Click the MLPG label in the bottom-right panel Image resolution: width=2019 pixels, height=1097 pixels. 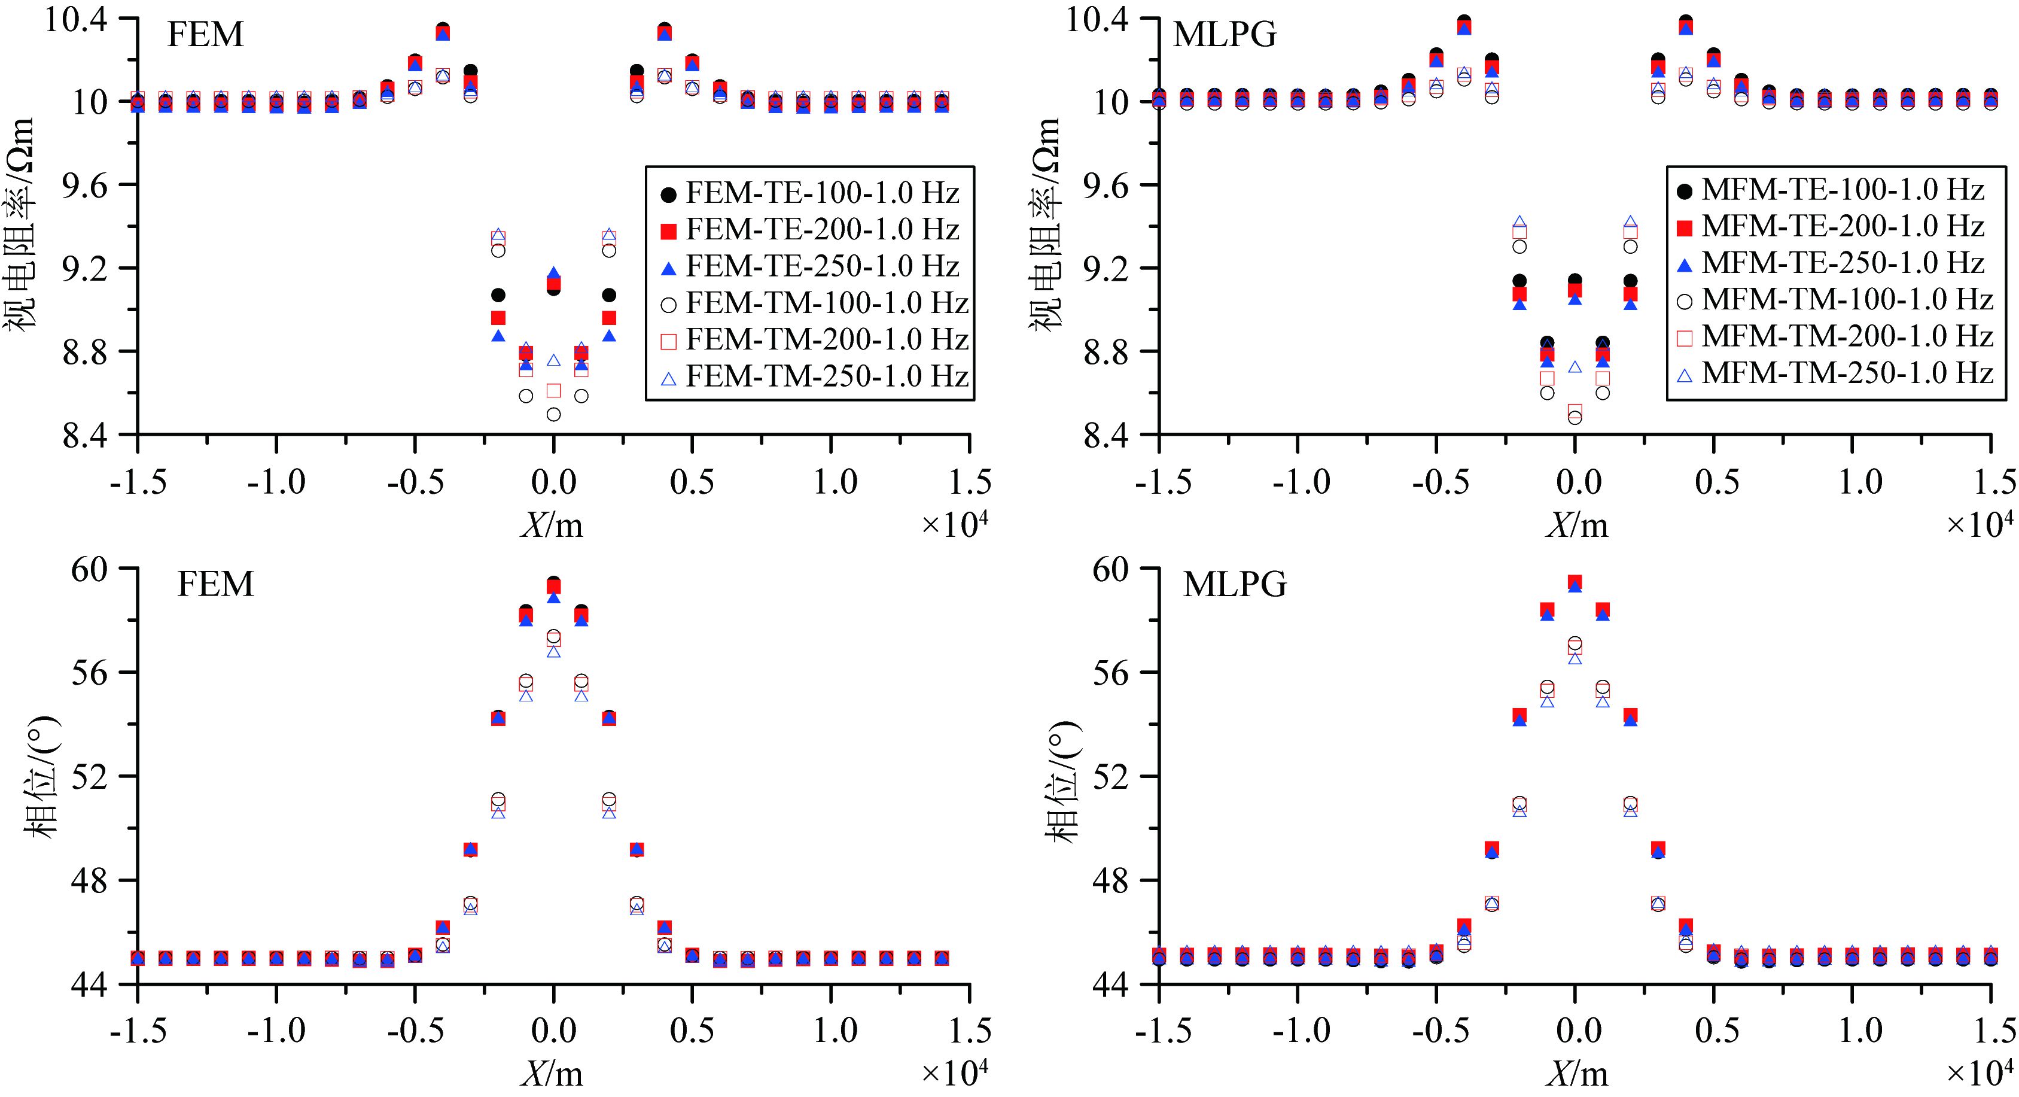coord(1235,584)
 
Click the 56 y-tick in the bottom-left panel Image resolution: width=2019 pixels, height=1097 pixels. coord(89,672)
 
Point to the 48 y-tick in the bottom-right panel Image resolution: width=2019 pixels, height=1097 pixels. coord(1111,880)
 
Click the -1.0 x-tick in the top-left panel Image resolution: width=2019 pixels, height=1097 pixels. coord(276,481)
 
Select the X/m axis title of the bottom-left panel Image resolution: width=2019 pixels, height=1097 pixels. coord(553,1074)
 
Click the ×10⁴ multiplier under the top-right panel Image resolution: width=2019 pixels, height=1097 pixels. coord(1979,524)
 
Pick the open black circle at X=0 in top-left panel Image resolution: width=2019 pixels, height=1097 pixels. coord(553,414)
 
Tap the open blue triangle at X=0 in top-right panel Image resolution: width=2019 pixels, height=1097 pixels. coord(1575,367)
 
